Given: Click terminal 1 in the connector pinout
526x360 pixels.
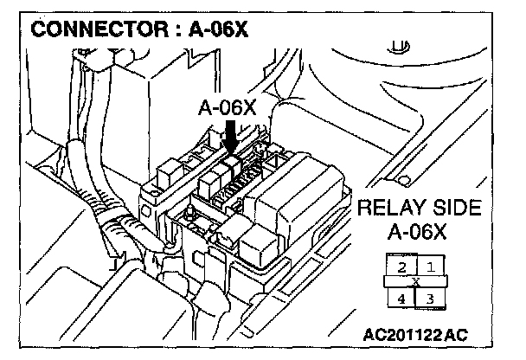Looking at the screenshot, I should point(429,267).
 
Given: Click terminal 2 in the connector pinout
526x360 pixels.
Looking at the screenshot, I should point(401,267).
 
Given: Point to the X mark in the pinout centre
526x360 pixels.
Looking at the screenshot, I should point(416,281).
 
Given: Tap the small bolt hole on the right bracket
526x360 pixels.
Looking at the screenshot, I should point(402,179).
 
